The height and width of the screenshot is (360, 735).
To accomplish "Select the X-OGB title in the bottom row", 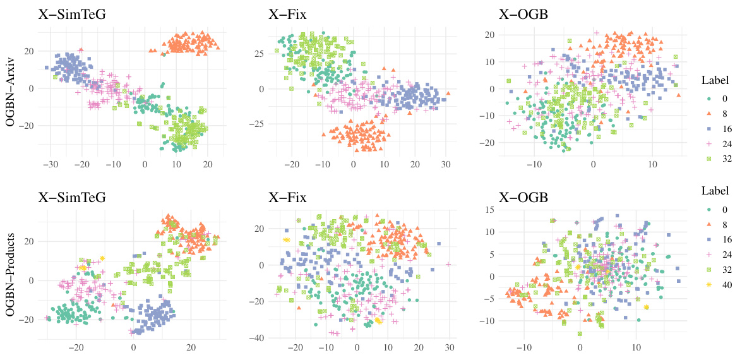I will point(524,196).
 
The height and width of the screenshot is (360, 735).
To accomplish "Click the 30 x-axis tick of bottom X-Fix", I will point(449,347).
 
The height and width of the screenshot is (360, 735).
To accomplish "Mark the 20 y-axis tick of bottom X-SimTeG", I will point(27,241).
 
